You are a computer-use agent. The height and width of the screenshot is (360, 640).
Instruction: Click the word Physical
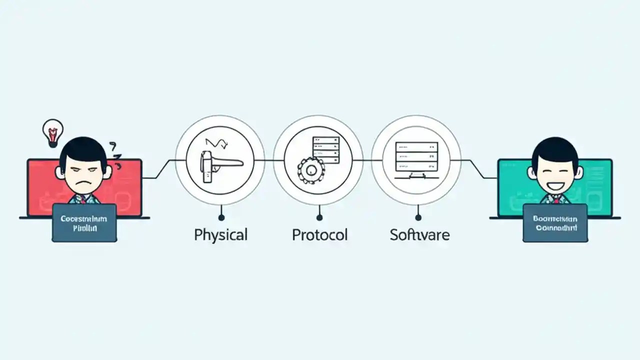tap(220, 234)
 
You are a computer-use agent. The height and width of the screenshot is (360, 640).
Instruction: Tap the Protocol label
tap(319, 234)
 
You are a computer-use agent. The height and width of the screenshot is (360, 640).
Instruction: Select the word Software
tap(419, 234)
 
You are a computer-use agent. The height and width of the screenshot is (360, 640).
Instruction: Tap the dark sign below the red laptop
tap(84, 222)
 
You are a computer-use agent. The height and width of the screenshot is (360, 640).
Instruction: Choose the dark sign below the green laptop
tap(555, 222)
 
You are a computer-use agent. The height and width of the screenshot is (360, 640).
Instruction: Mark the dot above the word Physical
tap(220, 217)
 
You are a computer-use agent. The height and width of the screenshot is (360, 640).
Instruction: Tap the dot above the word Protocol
tap(319, 217)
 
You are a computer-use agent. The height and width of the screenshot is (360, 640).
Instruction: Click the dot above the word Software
tap(418, 217)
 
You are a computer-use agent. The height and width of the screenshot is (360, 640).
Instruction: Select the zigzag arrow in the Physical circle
tap(216, 142)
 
